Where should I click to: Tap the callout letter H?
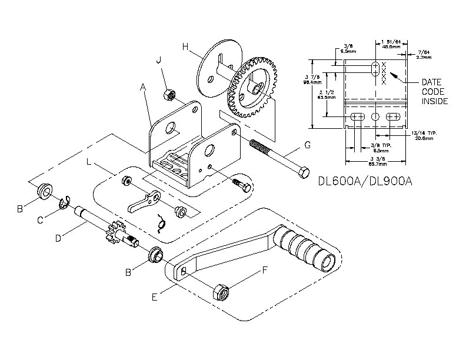(x=185, y=46)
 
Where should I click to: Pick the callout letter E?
(x=154, y=297)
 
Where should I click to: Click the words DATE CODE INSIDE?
(x=435, y=92)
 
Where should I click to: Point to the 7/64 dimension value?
(x=423, y=55)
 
